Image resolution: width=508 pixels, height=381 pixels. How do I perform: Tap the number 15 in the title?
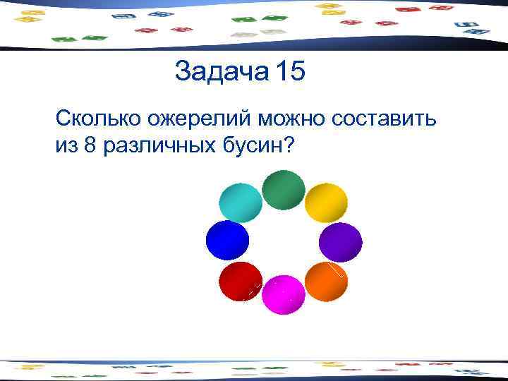[291, 72]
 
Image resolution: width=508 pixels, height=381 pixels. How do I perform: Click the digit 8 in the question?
[89, 145]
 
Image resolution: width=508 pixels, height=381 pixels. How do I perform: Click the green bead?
[284, 190]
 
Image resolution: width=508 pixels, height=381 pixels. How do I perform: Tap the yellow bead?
[326, 203]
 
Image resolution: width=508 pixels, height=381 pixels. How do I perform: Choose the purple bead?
[340, 243]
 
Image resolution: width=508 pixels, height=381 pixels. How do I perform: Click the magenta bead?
[284, 295]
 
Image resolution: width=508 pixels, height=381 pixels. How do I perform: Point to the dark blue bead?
[227, 241]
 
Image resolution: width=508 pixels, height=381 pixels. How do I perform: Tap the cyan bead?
[241, 202]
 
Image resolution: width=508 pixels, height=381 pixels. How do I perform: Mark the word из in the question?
[66, 146]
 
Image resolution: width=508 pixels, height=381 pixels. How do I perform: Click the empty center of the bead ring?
[284, 243]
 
